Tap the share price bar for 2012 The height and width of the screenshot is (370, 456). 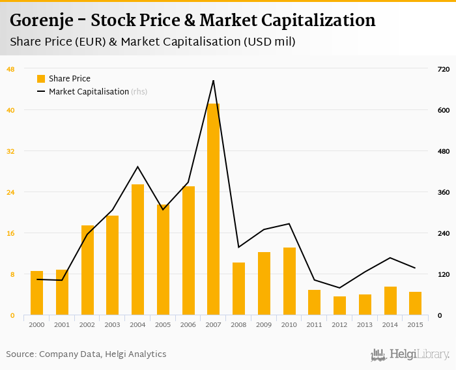coord(339,306)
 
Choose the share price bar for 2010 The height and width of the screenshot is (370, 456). coord(289,281)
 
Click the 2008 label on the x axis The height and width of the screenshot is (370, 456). coord(238,324)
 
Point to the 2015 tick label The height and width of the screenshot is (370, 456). coord(415,324)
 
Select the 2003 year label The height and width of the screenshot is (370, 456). coord(112,324)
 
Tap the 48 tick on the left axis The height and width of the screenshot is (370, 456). coord(10,69)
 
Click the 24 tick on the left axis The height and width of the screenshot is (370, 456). coord(10,192)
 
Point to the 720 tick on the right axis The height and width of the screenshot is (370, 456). coord(444,69)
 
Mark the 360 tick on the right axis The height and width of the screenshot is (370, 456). coord(444,192)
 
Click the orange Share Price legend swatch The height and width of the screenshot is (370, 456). coord(41,79)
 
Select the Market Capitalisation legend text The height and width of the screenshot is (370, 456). coord(89,92)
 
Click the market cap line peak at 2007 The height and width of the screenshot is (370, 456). coord(213,81)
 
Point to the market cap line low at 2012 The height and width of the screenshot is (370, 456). coord(339,288)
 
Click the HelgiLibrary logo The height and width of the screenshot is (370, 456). coord(410,354)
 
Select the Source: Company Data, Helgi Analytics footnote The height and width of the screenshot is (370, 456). coord(86,354)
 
